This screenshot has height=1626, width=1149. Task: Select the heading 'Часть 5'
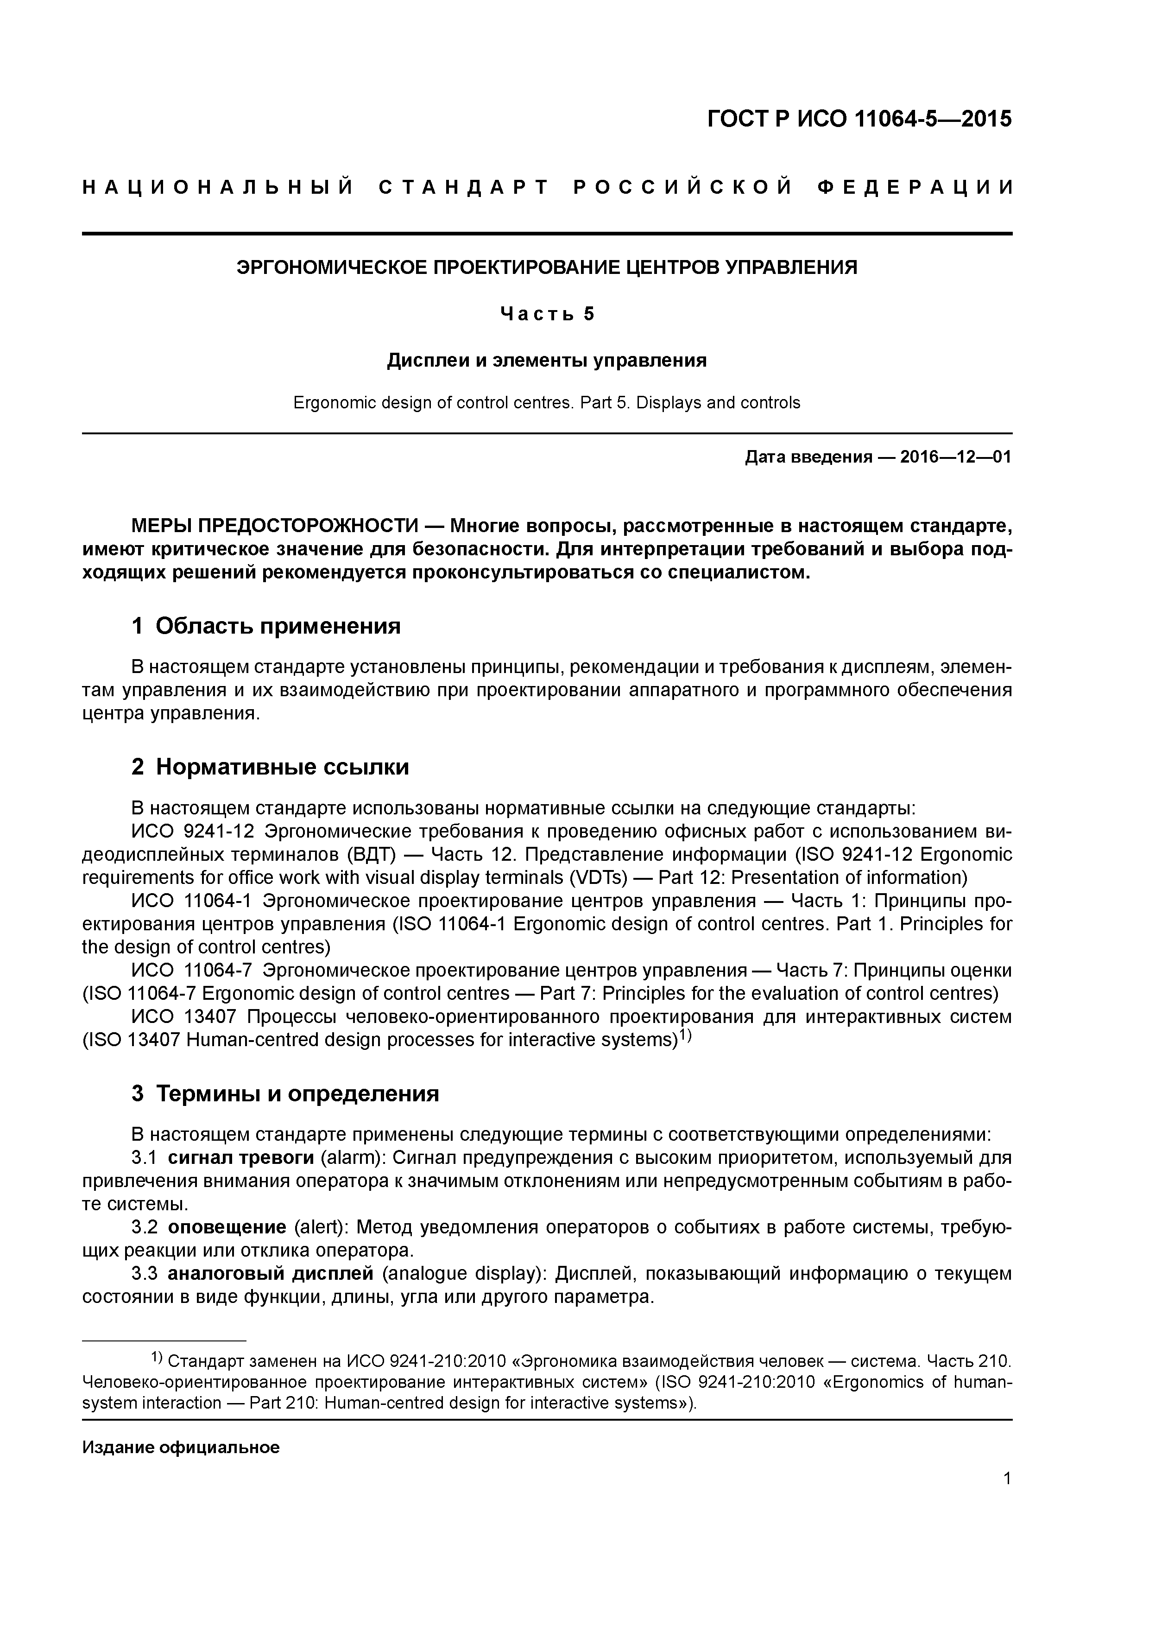click(x=547, y=314)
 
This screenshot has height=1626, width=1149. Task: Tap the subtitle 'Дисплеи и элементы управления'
click(x=547, y=361)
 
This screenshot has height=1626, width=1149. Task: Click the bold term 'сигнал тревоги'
click(x=241, y=1158)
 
